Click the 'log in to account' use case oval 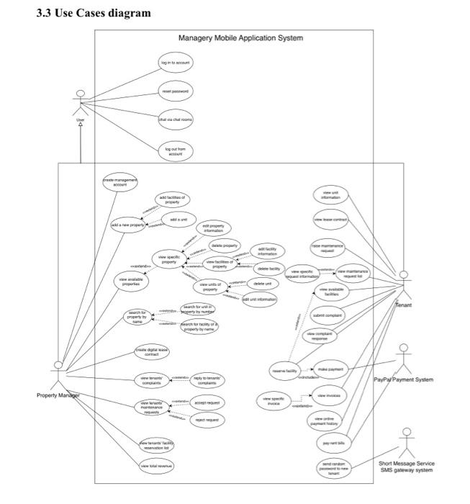[x=175, y=63]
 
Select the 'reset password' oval [x=176, y=92]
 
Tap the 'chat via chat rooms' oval [x=175, y=120]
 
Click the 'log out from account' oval [x=176, y=150]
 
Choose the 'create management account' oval [x=119, y=182]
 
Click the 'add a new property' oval [x=127, y=225]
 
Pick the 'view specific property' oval [x=169, y=259]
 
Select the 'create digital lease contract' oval [x=152, y=351]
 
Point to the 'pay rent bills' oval [x=334, y=443]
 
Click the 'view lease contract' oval [x=330, y=218]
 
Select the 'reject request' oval [x=207, y=419]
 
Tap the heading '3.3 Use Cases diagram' [x=94, y=13]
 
